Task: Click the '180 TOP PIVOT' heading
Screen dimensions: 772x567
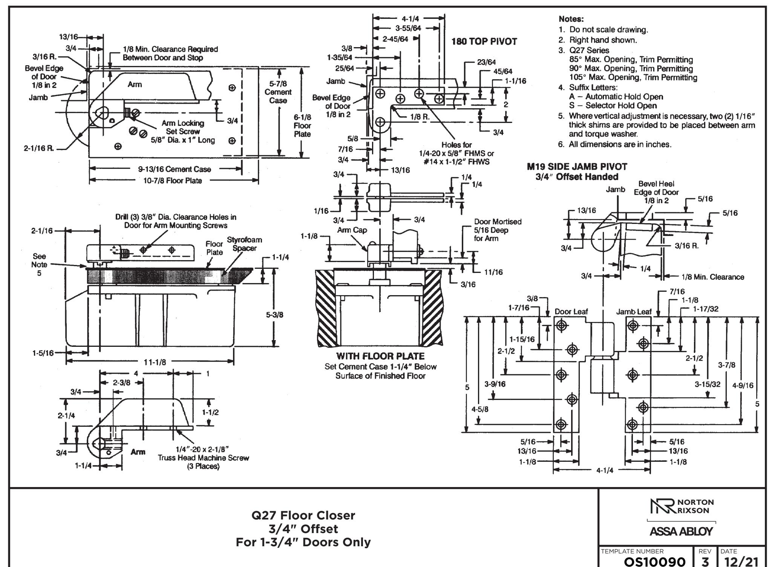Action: point(484,42)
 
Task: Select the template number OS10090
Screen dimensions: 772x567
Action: point(655,561)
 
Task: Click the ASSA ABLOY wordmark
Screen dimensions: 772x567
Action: point(681,532)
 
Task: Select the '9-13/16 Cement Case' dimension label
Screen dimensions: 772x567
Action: point(174,169)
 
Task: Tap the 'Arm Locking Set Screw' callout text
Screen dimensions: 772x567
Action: point(183,127)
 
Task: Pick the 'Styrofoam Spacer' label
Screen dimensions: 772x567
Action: point(244,244)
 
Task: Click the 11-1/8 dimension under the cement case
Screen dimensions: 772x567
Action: point(155,362)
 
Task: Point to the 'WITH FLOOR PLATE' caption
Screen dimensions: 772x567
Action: point(380,356)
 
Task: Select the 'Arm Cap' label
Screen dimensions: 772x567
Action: point(352,230)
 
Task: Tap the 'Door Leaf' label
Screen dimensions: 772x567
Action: point(571,311)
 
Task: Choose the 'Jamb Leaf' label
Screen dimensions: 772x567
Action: point(634,312)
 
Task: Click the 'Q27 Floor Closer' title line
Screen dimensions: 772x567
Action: point(303,515)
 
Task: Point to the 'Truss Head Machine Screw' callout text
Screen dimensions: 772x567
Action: point(203,458)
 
